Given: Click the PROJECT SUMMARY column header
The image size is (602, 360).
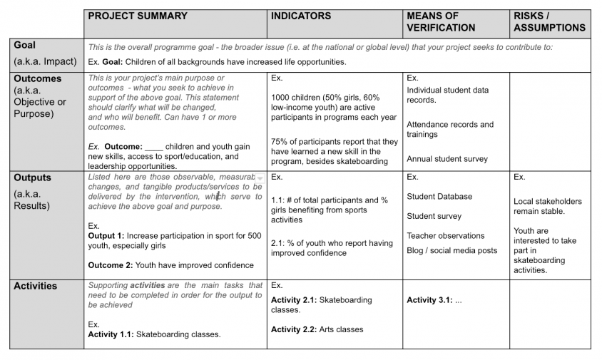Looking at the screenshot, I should pyautogui.click(x=138, y=16).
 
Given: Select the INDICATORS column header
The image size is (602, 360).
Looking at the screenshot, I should pyautogui.click(x=301, y=16).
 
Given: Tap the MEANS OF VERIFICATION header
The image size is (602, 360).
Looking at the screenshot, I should pyautogui.click(x=441, y=21).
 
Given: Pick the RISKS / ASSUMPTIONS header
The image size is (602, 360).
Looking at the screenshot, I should pyautogui.click(x=549, y=21).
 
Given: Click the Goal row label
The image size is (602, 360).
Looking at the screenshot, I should pyautogui.click(x=24, y=45).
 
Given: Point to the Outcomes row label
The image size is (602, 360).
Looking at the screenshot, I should pyautogui.click(x=38, y=78).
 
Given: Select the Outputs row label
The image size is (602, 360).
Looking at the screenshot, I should pyautogui.click(x=32, y=178).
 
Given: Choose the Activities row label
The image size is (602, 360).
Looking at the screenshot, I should pyautogui.click(x=36, y=286).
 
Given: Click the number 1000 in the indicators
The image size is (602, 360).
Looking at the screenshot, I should pyautogui.click(x=283, y=97).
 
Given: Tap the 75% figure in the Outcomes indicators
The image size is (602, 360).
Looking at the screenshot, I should pyautogui.click(x=280, y=141).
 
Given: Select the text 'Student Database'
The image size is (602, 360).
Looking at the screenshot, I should pyautogui.click(x=439, y=197).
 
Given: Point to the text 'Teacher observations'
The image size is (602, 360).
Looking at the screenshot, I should pyautogui.click(x=446, y=236).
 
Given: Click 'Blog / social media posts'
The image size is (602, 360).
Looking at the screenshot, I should pyautogui.click(x=452, y=250).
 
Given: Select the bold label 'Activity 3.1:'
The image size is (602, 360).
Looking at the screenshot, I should pyautogui.click(x=429, y=300).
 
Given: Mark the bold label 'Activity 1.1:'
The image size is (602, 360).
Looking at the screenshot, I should pyautogui.click(x=111, y=334).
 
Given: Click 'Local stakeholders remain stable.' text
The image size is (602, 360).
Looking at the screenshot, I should pyautogui.click(x=547, y=207).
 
